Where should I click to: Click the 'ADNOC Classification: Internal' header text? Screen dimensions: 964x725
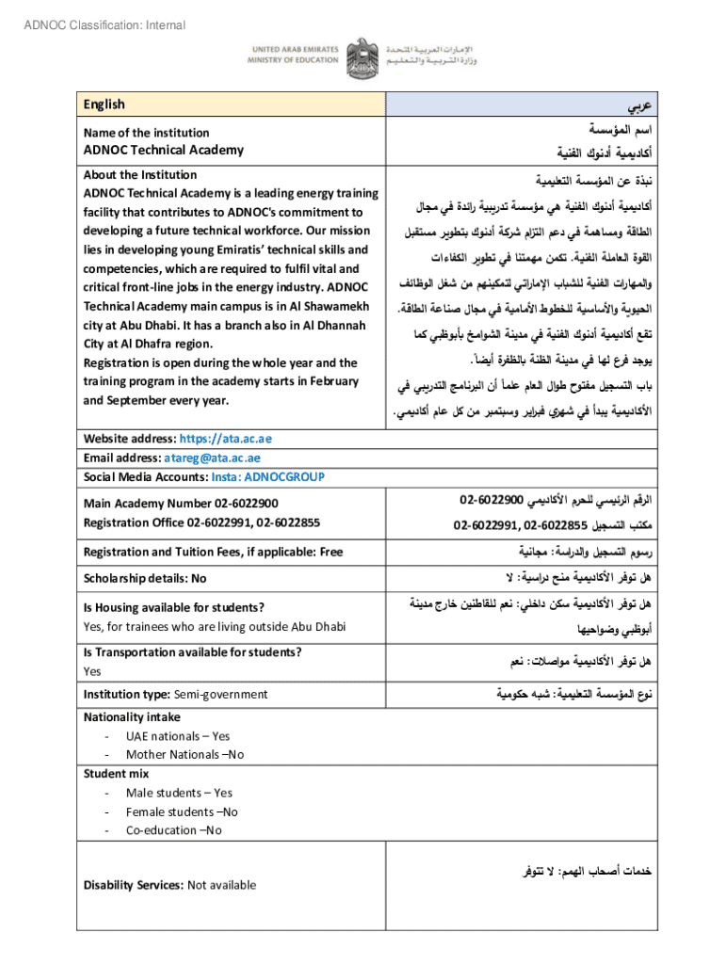pyautogui.click(x=105, y=25)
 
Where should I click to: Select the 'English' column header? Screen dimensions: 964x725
pyautogui.click(x=104, y=104)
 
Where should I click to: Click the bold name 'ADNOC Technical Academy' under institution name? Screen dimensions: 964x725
pyautogui.click(x=163, y=151)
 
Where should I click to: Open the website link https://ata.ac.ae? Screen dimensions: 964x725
pyautogui.click(x=225, y=440)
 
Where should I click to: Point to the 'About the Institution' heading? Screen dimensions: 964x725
pyautogui.click(x=140, y=175)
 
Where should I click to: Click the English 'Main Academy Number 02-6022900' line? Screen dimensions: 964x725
pyautogui.click(x=181, y=505)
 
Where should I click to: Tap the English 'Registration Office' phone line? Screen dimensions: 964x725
pyautogui.click(x=201, y=523)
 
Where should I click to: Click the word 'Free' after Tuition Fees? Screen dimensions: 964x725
pyautogui.click(x=331, y=553)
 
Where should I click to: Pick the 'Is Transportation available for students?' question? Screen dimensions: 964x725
pyautogui.click(x=192, y=652)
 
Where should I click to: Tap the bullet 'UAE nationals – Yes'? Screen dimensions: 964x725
pyautogui.click(x=178, y=736)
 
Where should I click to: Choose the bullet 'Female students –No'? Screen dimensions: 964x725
pyautogui.click(x=182, y=811)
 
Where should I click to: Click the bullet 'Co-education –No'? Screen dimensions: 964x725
pyautogui.click(x=174, y=830)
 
